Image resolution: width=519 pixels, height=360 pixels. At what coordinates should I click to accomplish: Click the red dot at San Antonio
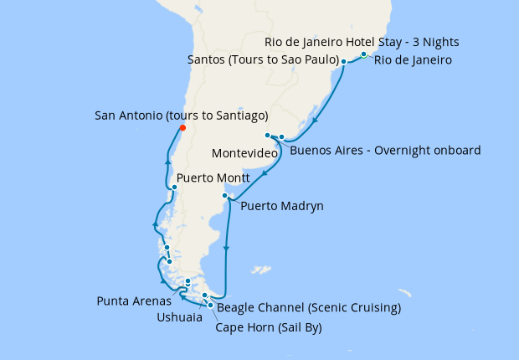182,128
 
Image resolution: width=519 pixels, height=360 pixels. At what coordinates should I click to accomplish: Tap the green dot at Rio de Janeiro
364,54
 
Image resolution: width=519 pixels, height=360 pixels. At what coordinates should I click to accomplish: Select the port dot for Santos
343,62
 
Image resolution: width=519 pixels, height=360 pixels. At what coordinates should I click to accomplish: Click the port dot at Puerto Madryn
224,196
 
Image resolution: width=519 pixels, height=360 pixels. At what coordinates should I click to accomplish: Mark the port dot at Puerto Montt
174,187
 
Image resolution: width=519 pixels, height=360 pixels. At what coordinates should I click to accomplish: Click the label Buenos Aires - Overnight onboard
385,151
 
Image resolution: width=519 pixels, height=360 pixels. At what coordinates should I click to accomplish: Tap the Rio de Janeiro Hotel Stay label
361,42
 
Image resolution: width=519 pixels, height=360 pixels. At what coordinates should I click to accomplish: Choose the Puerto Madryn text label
281,206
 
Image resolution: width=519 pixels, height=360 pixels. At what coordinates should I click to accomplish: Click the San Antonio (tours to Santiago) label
182,115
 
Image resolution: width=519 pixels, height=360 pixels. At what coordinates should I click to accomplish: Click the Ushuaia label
179,317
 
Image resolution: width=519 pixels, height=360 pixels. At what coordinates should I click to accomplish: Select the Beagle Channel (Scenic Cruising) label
309,308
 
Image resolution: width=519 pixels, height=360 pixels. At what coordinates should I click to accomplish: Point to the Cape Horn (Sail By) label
268,327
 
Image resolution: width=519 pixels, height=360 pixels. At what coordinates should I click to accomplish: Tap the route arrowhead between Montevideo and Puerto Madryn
265,174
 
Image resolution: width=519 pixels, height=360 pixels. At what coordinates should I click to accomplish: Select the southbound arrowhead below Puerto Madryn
227,248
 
